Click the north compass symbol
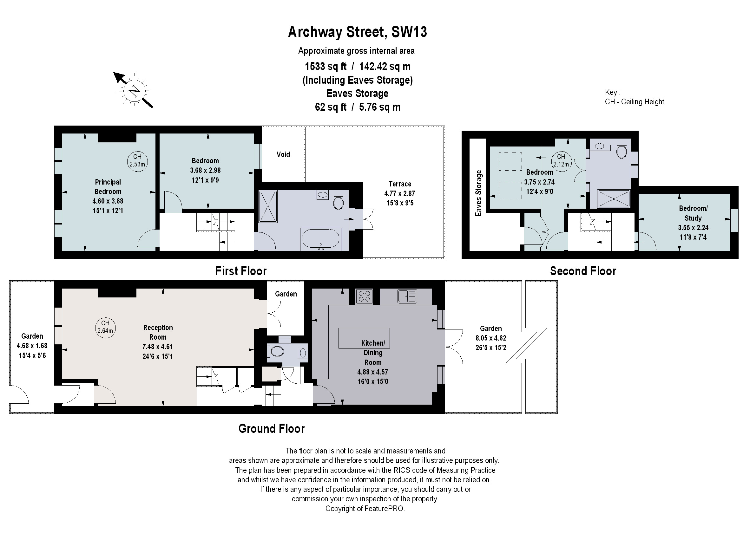click(x=135, y=91)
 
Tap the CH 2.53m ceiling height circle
click(x=137, y=161)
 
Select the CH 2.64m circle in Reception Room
click(x=105, y=327)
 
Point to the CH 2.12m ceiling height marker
click(x=561, y=161)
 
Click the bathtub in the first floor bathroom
click(x=320, y=238)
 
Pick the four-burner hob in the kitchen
click(x=364, y=296)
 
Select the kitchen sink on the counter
click(x=407, y=296)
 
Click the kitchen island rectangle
click(x=364, y=338)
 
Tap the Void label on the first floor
click(x=283, y=154)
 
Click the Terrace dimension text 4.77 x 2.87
click(x=400, y=194)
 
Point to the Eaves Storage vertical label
click(x=478, y=193)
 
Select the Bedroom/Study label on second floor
click(x=693, y=213)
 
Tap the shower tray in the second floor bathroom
click(x=614, y=199)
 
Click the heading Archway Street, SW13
click(x=357, y=32)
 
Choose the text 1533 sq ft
click(x=325, y=67)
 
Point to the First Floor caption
click(x=241, y=271)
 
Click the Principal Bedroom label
click(x=108, y=187)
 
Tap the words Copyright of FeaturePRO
click(x=365, y=509)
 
